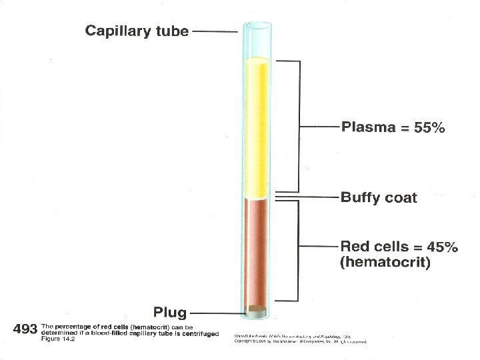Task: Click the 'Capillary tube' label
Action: [137, 31]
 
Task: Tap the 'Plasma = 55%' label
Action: [393, 127]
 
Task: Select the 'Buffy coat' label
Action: [379, 197]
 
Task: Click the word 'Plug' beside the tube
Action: [170, 311]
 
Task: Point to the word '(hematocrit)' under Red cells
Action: [385, 263]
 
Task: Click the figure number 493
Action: [25, 329]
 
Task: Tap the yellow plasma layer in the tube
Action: [257, 127]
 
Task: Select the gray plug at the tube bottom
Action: [256, 311]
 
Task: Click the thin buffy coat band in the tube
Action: [257, 197]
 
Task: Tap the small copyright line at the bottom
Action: [300, 341]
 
